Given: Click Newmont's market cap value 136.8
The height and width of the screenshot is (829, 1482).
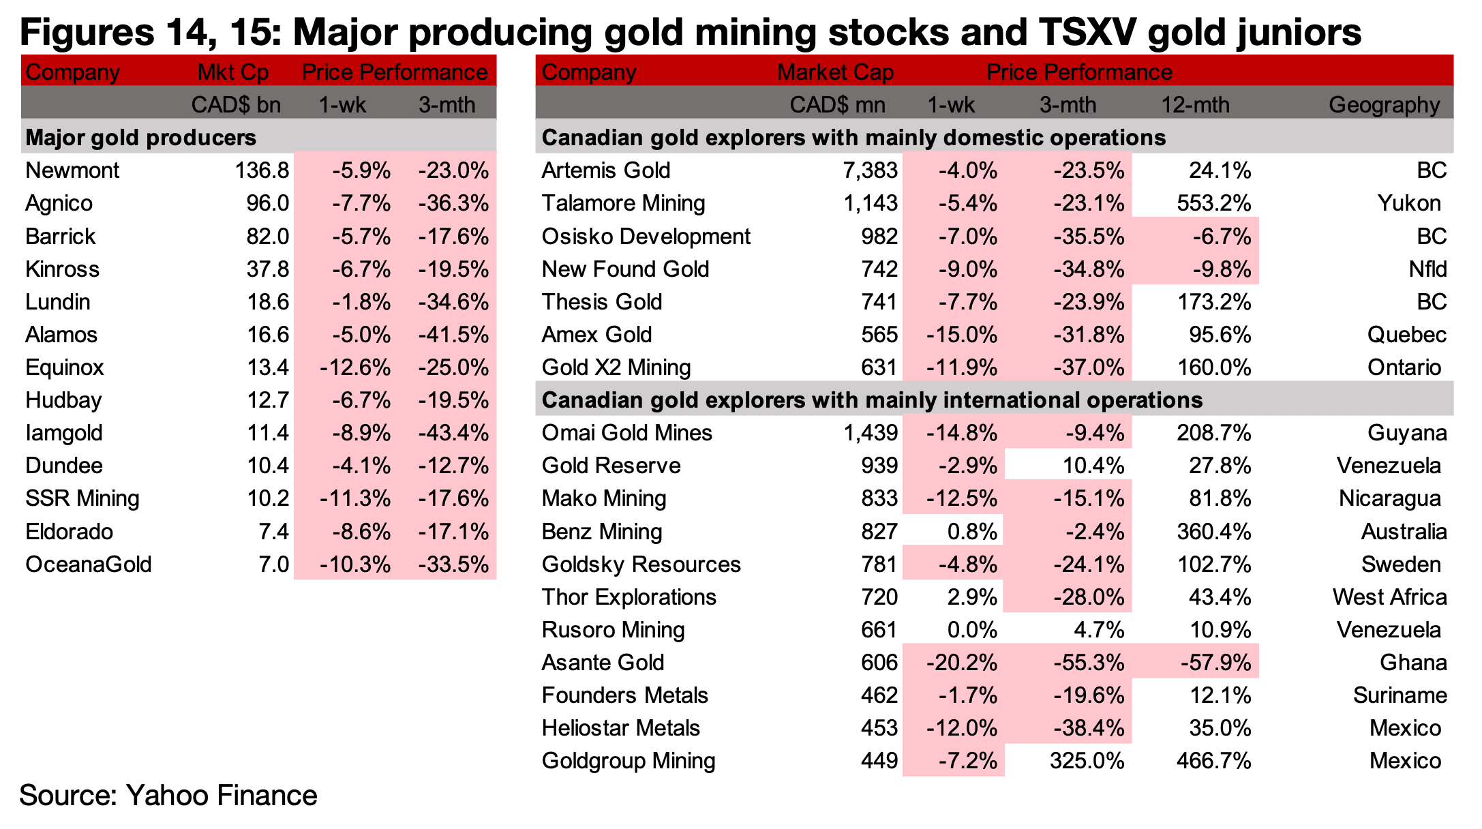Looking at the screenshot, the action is [x=262, y=170].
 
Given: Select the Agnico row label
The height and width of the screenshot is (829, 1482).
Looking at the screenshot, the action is [x=59, y=204].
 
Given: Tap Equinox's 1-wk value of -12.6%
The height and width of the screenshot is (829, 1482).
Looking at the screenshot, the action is [x=355, y=367].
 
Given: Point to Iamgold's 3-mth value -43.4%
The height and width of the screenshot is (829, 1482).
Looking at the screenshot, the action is [x=453, y=433].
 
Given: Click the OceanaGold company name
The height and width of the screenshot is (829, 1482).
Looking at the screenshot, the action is [x=89, y=564].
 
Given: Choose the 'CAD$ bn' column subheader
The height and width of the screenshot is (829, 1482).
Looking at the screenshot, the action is [x=236, y=105].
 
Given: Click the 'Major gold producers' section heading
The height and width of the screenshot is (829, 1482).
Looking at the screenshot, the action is [x=140, y=138].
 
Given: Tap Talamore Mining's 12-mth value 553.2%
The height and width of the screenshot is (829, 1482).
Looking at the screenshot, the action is [x=1214, y=203].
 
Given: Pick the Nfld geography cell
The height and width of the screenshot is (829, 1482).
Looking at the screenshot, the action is [x=1428, y=269].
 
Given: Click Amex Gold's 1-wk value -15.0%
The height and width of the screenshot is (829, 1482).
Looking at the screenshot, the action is [x=962, y=335].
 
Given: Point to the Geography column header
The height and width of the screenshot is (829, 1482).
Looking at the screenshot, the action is [x=1385, y=105].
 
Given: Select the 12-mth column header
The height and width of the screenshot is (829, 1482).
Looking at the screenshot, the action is [x=1196, y=105].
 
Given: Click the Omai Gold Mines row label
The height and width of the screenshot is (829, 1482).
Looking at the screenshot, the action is [x=626, y=433].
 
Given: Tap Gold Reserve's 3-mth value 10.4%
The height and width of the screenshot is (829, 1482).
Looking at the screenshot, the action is [x=1093, y=466].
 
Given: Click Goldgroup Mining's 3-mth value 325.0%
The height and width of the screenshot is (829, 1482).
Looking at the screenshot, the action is [x=1087, y=761].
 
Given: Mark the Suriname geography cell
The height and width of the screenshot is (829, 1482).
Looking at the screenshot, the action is [x=1400, y=695].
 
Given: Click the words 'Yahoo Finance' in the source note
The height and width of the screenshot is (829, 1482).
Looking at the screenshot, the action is [x=222, y=796].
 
